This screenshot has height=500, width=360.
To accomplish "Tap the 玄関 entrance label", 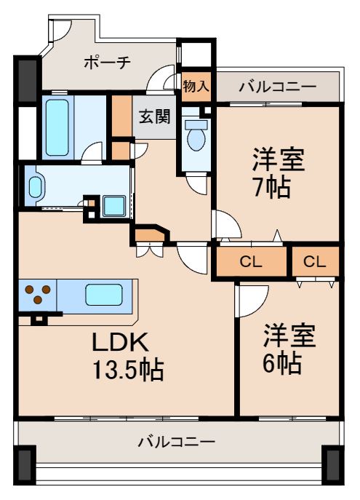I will click(x=155, y=116).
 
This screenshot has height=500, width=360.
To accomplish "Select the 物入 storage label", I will click(x=196, y=87).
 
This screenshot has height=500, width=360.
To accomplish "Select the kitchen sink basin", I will click(x=103, y=295).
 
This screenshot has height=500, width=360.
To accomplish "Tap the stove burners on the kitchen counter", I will click(x=38, y=295).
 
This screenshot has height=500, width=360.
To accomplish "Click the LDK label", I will click(x=120, y=342).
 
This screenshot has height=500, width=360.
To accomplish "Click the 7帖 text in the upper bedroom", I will click(x=272, y=187).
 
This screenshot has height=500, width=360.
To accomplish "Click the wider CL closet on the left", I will click(x=252, y=263).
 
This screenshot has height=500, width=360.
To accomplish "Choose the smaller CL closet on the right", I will click(x=315, y=263).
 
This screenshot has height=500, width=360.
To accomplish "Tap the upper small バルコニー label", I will click(x=278, y=87).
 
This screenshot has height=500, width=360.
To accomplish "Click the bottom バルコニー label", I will click(x=176, y=442).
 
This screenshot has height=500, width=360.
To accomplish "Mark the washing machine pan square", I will click(x=113, y=206).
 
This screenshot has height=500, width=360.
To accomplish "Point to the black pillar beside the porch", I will click(x=28, y=77).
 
